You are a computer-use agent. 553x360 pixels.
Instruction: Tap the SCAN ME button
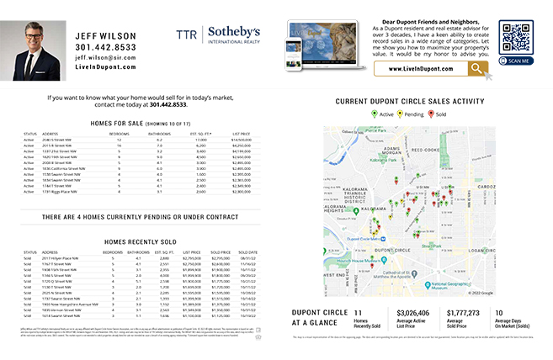(515, 61)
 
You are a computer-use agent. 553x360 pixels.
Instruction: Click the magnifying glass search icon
(477, 69)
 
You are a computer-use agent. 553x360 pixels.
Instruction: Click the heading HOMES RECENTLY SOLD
(139, 241)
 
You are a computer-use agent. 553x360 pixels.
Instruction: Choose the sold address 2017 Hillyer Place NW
(61, 258)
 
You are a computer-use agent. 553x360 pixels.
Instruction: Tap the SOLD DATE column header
(247, 251)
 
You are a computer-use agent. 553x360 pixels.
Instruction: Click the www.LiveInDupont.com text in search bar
(419, 69)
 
